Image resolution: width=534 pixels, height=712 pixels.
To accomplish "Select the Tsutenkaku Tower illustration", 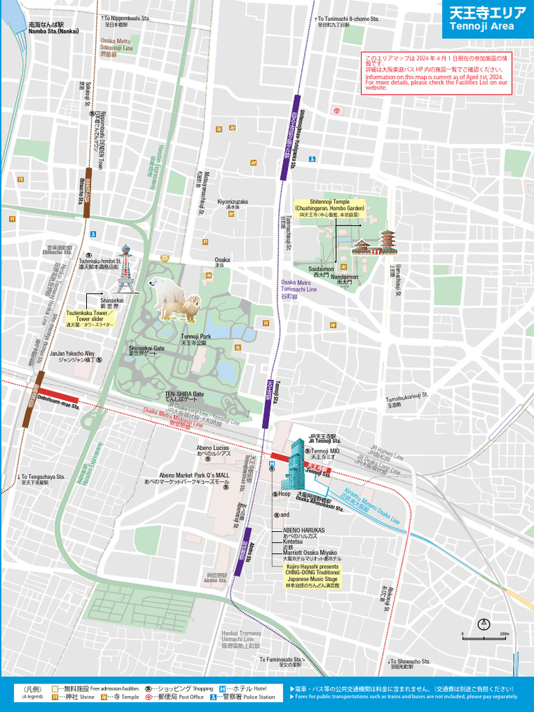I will (126, 267).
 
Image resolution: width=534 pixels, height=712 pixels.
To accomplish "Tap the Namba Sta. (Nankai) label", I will (54, 28).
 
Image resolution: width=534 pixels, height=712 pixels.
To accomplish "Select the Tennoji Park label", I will (195, 339).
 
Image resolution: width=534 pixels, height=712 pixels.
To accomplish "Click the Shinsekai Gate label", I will (146, 350).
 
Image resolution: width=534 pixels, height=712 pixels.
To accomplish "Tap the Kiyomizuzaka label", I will (232, 204).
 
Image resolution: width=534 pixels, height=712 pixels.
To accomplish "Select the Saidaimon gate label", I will (321, 271).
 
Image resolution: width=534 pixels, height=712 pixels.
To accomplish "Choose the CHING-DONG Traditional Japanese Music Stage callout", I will (312, 576).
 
